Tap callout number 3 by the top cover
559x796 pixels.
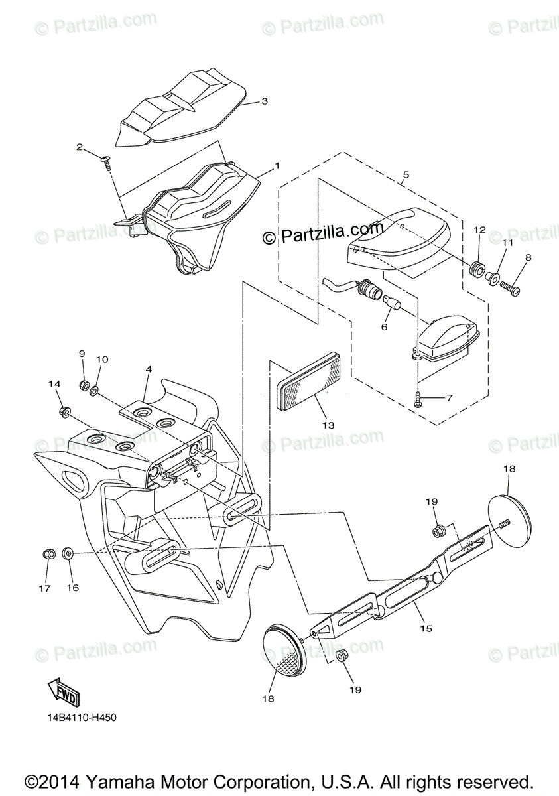point(264,101)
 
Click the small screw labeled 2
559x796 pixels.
point(105,161)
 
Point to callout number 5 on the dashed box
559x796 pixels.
point(405,175)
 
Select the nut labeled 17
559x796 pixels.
point(48,553)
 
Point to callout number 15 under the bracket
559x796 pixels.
point(425,628)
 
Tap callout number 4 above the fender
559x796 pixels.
point(149,369)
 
